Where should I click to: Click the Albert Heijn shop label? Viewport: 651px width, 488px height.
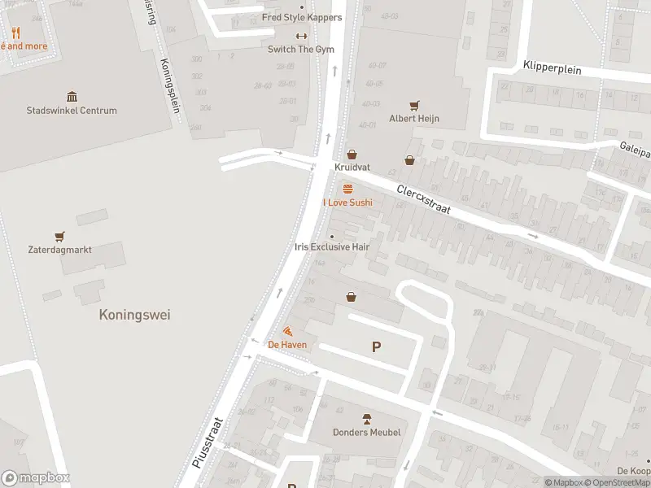point(414,119)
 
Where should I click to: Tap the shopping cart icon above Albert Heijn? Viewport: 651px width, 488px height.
point(414,105)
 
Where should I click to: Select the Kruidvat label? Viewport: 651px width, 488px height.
point(352,167)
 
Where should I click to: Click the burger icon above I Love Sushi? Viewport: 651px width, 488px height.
point(347,189)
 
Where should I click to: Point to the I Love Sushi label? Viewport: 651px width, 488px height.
point(347,202)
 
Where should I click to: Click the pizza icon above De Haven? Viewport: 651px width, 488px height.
point(288,331)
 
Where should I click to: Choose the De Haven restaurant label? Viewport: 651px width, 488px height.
point(288,345)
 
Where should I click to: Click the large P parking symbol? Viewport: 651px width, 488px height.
point(376,347)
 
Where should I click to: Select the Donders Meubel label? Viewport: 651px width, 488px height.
point(366,432)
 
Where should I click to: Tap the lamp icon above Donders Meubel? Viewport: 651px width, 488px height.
point(366,418)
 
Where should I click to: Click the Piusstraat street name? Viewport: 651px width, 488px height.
point(208,443)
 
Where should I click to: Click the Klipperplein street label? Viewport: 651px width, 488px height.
point(553,69)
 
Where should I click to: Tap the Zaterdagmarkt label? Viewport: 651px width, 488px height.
point(59,250)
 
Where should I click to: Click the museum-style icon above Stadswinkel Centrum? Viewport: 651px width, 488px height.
point(72,97)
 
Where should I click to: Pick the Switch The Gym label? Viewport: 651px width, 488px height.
point(301,49)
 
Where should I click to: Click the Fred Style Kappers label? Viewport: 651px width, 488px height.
point(302,17)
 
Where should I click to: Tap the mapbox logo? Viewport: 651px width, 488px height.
point(36,478)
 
